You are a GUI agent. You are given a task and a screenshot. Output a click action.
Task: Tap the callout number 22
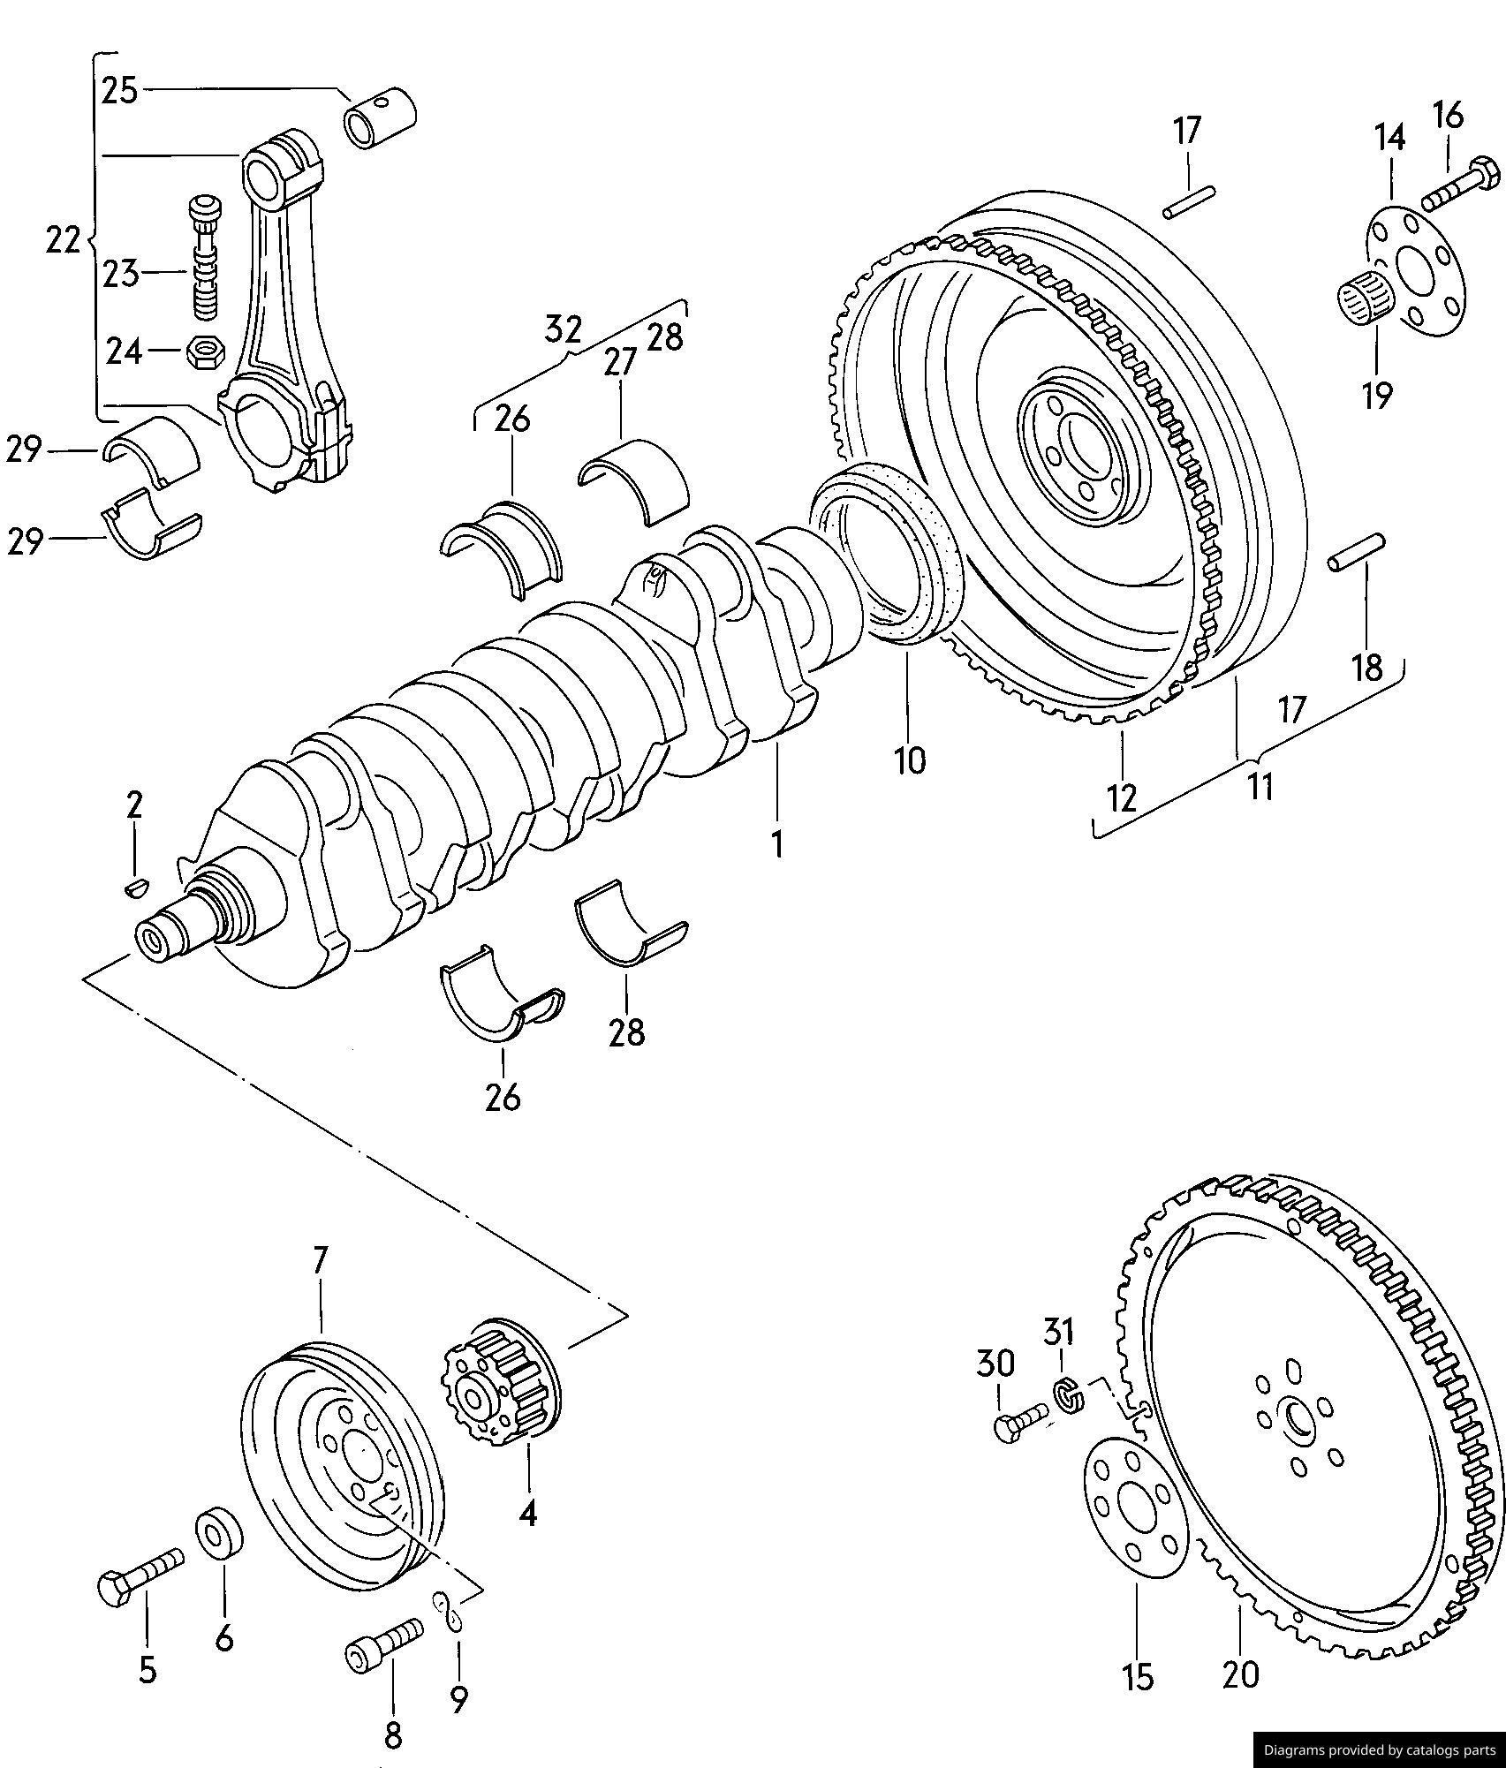pos(63,240)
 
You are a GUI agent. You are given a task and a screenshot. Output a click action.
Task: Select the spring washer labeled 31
pos(1069,1394)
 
